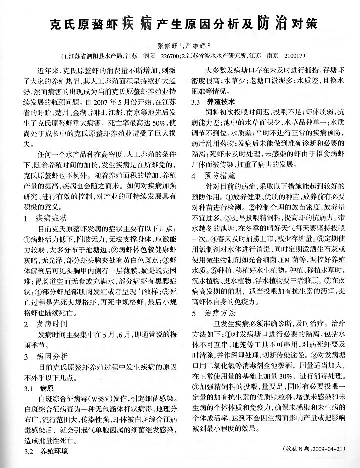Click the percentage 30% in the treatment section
coord(289,375)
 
